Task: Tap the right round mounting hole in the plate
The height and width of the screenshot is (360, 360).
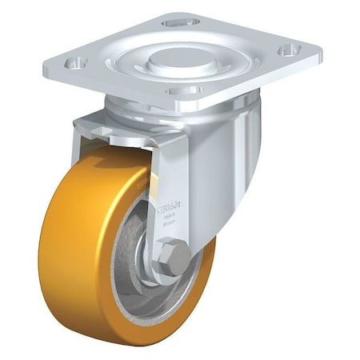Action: [286, 50]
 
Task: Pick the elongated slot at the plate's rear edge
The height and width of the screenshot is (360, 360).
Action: [180, 22]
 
